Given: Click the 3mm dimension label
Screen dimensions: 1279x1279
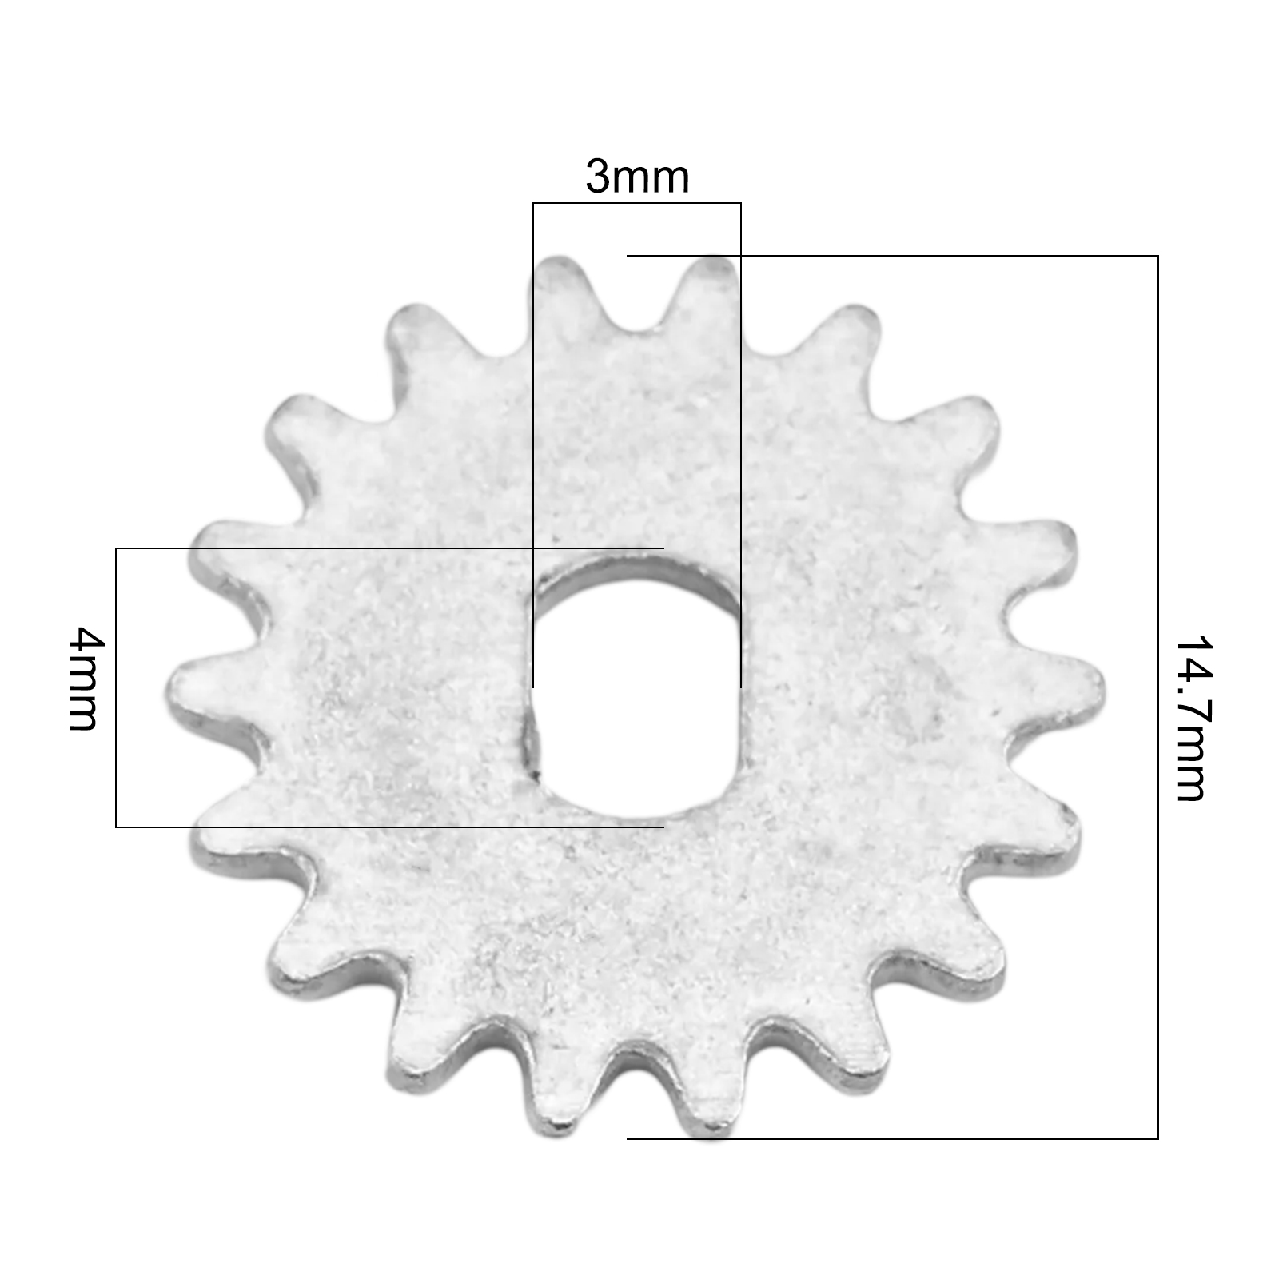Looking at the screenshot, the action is pyautogui.click(x=637, y=177).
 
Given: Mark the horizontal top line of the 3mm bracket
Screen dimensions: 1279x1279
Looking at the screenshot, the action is pyautogui.click(x=637, y=204).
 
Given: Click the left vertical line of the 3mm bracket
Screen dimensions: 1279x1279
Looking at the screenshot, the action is pyautogui.click(x=533, y=445).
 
